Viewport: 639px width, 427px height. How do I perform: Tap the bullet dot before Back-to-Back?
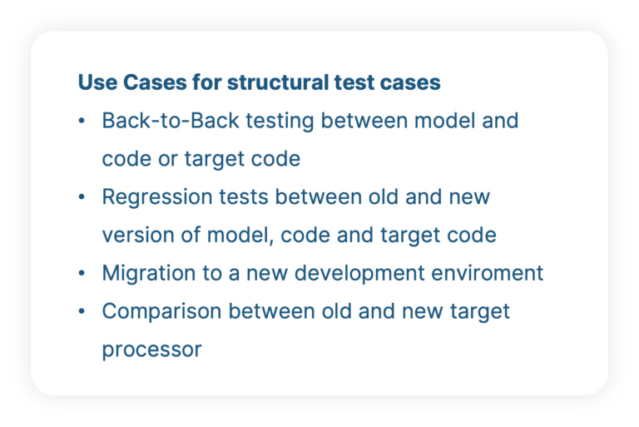[x=82, y=122]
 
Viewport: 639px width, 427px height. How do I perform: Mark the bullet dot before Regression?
[x=82, y=198]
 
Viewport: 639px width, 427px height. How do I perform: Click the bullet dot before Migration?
[x=82, y=274]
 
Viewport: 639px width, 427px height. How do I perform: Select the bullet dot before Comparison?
[x=82, y=312]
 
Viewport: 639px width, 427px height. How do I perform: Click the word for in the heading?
[x=206, y=83]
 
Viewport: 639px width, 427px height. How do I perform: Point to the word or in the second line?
[x=167, y=159]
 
